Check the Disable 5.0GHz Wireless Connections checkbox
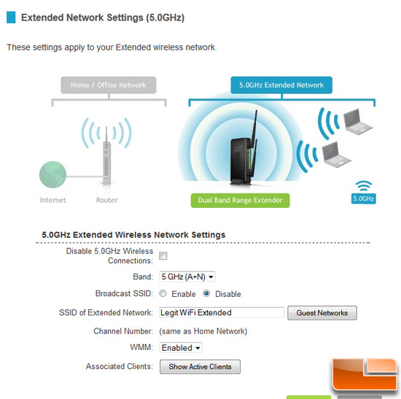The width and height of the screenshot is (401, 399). [x=163, y=256]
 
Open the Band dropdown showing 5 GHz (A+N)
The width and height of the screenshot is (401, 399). [x=187, y=276]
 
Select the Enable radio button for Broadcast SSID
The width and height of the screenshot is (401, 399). [x=163, y=293]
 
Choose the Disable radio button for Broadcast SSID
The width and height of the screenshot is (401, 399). [x=206, y=293]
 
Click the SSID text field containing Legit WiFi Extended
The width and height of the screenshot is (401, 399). [x=222, y=312]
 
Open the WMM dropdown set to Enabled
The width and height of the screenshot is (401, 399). [x=181, y=347]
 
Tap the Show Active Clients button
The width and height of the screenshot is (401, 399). [x=200, y=367]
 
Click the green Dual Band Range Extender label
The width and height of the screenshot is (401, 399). [x=240, y=200]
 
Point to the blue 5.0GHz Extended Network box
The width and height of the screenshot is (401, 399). [x=281, y=85]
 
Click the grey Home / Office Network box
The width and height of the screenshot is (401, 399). [x=109, y=85]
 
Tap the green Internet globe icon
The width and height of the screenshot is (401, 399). [x=52, y=174]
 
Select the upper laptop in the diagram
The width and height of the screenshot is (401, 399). [x=357, y=121]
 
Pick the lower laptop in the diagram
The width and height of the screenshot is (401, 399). [x=335, y=155]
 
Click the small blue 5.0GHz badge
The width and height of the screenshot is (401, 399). [x=363, y=198]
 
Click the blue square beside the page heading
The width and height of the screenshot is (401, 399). [x=11, y=18]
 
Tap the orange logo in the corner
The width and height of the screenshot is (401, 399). [x=365, y=374]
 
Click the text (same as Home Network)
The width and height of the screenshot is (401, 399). [x=203, y=331]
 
